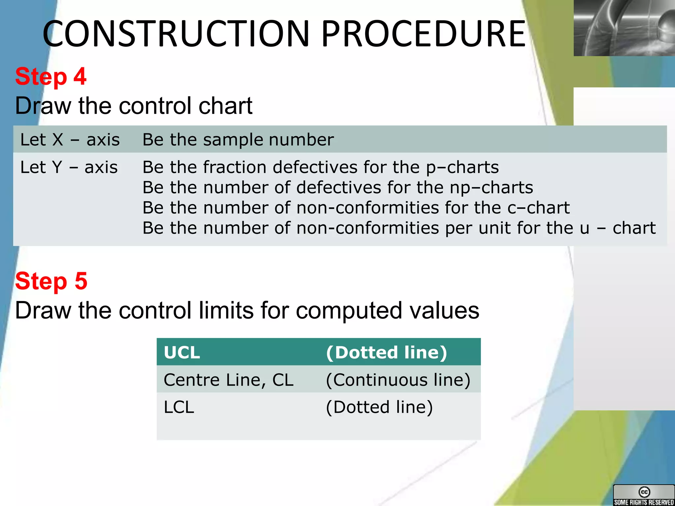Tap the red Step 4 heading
coord(51,76)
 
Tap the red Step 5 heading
coord(51,281)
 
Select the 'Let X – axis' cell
coord(70,140)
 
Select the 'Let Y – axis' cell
coord(69,167)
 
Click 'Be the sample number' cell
coord(238,140)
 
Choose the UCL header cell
coord(182,352)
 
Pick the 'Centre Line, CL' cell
coord(228,380)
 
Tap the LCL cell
coord(179,407)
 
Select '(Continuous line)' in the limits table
coord(398,380)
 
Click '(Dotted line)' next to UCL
coord(386,352)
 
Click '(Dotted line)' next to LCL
coord(379,407)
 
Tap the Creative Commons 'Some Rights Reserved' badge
coord(643,495)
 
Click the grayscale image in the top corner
coord(624,28)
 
